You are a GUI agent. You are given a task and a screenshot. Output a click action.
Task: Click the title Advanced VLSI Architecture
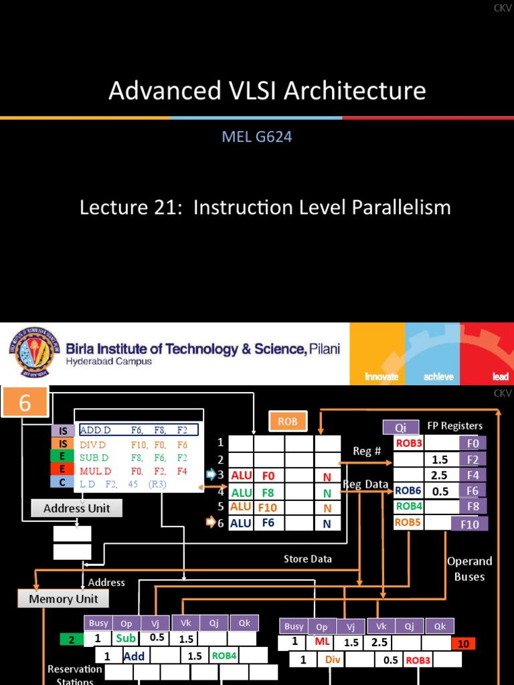pos(267,90)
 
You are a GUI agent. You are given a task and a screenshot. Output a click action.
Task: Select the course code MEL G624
pos(257,137)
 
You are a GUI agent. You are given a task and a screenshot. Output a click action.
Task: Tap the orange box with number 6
pos(25,403)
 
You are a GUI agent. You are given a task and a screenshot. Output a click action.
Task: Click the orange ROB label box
pos(288,421)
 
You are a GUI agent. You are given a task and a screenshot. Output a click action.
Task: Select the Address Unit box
pos(76,508)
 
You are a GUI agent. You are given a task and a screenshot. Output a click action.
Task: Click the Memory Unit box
pos(63,599)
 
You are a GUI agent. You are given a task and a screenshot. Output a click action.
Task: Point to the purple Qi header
pos(400,427)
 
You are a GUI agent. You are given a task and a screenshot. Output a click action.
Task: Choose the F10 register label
pos(469,524)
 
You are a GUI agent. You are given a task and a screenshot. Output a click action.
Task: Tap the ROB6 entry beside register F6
pos(408,490)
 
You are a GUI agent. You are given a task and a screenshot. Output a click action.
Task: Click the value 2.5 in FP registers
pos(439,475)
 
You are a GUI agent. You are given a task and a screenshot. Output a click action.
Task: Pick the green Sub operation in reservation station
pos(126,638)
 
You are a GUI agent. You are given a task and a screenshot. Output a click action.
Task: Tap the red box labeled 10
pos(463,644)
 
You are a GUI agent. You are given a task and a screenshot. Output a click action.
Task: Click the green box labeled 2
pos(72,640)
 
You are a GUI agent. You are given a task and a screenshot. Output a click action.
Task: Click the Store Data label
pos(307,559)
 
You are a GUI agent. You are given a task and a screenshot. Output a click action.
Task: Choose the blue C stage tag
pos(63,482)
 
